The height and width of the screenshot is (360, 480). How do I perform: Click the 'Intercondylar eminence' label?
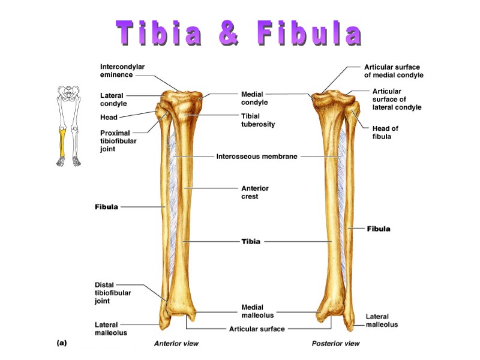[122, 71]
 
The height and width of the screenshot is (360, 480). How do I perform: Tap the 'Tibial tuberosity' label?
[258, 120]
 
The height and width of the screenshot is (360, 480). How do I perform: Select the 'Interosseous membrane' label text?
[256, 157]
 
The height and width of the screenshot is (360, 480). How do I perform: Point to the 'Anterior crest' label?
[255, 192]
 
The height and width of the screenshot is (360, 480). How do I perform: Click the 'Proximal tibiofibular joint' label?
[115, 141]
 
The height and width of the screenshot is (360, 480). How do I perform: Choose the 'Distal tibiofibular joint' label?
[113, 293]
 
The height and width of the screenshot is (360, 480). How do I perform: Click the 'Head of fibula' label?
[385, 132]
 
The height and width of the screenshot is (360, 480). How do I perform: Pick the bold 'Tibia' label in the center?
[251, 241]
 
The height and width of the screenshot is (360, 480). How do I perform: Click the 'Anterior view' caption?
[176, 344]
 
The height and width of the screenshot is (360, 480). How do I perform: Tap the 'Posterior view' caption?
[335, 344]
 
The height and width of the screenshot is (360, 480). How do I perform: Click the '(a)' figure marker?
[62, 343]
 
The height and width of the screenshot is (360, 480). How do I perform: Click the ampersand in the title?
[229, 34]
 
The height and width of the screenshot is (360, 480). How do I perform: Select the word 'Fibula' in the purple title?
[309, 34]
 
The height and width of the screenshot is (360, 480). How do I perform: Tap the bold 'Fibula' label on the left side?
[106, 206]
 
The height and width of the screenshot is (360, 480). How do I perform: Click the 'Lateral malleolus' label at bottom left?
[110, 328]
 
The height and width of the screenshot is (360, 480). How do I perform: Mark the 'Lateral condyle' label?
[113, 99]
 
